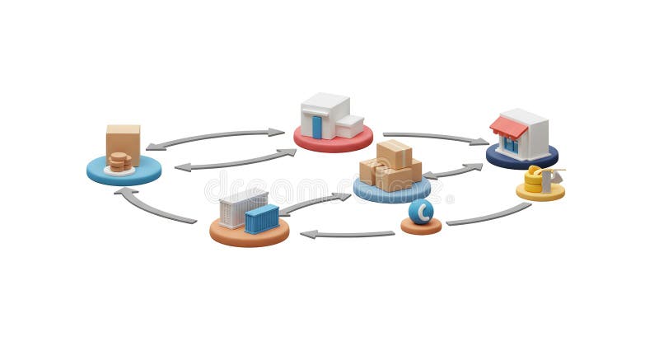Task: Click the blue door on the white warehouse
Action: [317, 126]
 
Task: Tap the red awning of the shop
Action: [507, 127]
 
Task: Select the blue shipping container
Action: [262, 219]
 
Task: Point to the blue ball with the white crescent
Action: [421, 212]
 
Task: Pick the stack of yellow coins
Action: [534, 180]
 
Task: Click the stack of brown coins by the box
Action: [119, 161]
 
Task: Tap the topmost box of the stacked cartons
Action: [394, 153]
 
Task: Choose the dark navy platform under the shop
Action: [521, 158]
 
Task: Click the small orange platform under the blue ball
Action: [421, 227]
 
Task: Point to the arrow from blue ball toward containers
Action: [346, 234]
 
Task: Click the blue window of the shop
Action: [512, 145]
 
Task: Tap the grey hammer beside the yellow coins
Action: [549, 177]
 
